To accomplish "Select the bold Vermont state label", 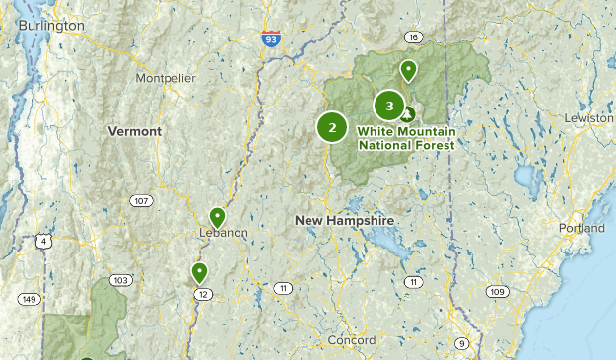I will [x=135, y=130].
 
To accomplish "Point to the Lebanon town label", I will [x=223, y=233].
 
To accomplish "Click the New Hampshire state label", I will [x=344, y=221].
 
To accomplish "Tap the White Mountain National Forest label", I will [x=406, y=137].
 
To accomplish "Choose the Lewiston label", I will [x=588, y=118].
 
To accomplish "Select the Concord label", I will [x=352, y=340].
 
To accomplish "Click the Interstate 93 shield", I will [x=271, y=38].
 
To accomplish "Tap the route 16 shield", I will [x=413, y=37].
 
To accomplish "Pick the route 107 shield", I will [x=141, y=201].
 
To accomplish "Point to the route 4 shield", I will [x=42, y=241].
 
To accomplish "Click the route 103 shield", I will [x=120, y=280].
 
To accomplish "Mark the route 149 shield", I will [x=30, y=299].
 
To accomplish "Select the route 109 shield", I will [x=497, y=292].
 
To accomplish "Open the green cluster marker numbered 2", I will [x=332, y=127].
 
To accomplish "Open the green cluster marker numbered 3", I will [x=389, y=105].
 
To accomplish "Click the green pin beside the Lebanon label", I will [x=218, y=217].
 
